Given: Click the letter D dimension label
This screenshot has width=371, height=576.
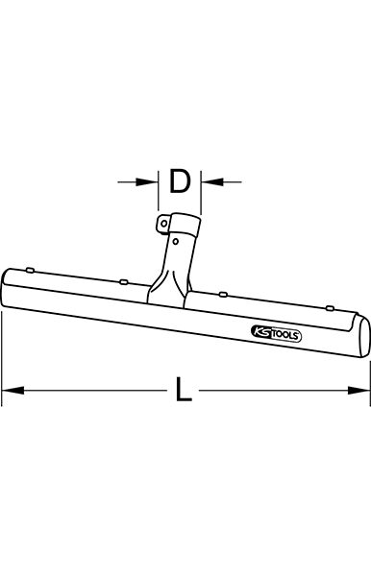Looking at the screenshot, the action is [179, 181].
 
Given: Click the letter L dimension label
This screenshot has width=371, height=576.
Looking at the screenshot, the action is [184, 390].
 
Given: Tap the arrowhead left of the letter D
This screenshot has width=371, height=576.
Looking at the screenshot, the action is [147, 181].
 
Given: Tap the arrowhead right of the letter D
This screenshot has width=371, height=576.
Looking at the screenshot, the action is [212, 181].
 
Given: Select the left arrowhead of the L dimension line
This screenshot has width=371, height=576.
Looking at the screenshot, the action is [13, 390].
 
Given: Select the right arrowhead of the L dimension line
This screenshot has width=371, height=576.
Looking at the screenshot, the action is [359, 390].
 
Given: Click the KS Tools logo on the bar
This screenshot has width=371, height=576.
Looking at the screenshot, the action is [276, 334].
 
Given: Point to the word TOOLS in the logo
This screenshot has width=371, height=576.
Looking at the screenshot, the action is [284, 335].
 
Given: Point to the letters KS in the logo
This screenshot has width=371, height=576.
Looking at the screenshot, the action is [260, 332].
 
